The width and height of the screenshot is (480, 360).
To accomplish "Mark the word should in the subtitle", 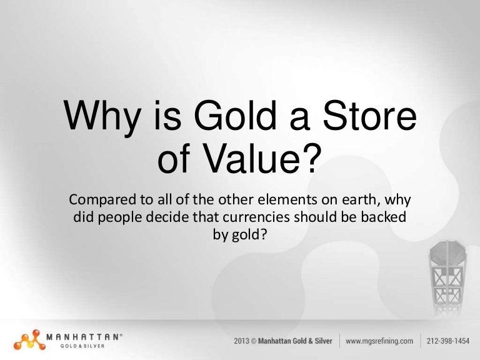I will [x=317, y=218].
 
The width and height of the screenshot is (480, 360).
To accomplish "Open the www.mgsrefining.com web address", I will [x=380, y=341].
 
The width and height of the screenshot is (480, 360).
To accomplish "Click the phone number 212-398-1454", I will [x=449, y=341].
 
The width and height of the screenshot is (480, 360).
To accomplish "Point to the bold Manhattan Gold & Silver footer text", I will [x=298, y=341].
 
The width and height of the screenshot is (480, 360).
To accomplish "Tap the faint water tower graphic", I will [x=447, y=275].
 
